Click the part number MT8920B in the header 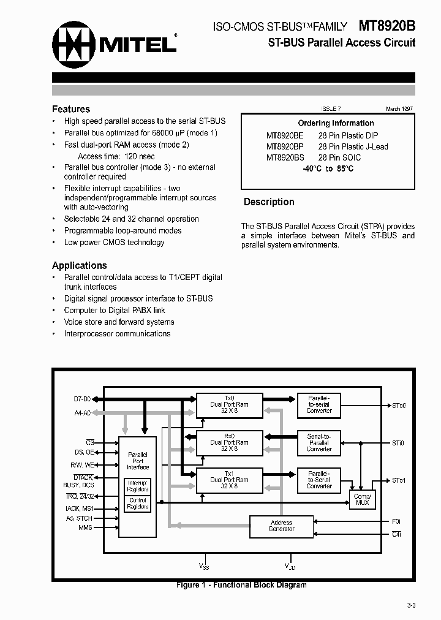[386, 26]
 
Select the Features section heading [71, 109]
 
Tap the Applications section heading [80, 265]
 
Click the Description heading [269, 202]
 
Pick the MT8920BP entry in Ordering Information [285, 146]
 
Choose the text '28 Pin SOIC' [339, 157]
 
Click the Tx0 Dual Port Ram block [228, 404]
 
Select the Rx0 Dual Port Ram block [228, 442]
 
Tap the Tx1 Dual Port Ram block [228, 480]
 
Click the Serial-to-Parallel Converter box [318, 442]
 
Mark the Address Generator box [281, 526]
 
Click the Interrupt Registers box [138, 486]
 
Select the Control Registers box [138, 504]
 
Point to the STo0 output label [399, 406]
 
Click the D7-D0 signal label [82, 399]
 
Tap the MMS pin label [85, 527]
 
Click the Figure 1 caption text [241, 585]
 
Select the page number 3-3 [411, 606]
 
